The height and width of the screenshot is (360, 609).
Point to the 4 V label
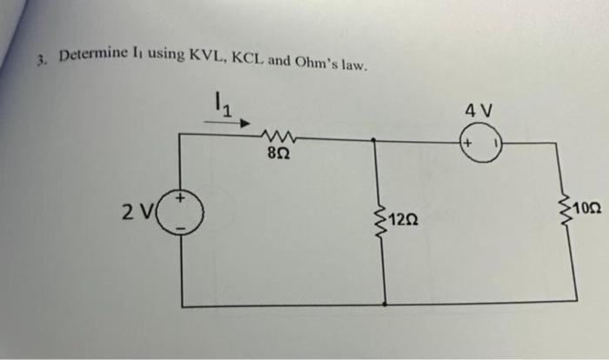coord(479,111)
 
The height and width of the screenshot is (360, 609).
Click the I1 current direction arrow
coord(228,123)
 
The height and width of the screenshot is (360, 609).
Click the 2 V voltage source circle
coord(181,211)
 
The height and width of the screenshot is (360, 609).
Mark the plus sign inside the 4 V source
coord(466,142)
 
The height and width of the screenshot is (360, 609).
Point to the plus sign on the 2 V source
coord(181,199)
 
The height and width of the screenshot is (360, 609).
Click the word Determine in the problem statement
coord(91,58)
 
